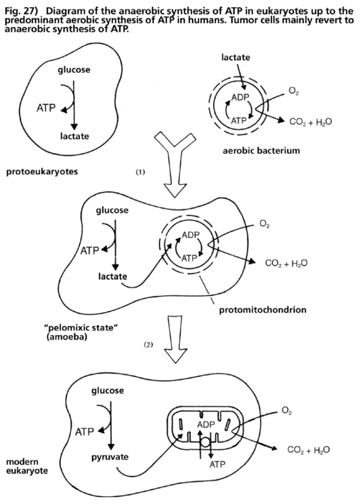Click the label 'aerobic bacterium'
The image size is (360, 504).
click(261, 151)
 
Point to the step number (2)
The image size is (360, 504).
click(149, 345)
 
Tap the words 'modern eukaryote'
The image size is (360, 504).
click(22, 467)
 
